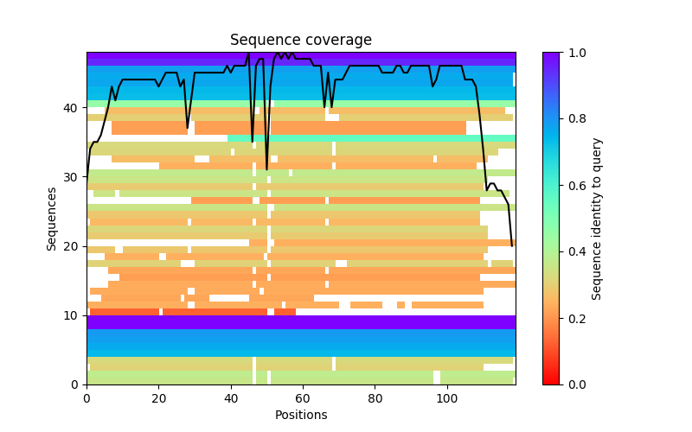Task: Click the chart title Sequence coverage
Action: click(301, 41)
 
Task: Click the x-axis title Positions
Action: click(301, 415)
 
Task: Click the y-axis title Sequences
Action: click(52, 219)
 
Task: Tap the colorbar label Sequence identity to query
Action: click(597, 219)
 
